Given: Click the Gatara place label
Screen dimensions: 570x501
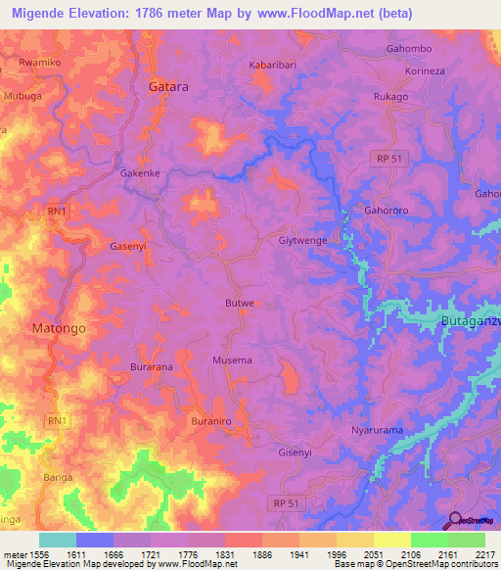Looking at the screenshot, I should pos(167,86).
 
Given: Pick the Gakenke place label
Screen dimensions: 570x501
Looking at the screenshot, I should pos(141,173).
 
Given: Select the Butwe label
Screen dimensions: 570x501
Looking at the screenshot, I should pos(240,304).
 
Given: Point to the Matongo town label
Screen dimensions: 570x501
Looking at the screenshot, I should pos(59,328).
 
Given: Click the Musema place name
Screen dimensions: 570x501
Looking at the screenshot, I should pos(232,360).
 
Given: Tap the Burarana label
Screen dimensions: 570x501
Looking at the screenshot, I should pos(152,366).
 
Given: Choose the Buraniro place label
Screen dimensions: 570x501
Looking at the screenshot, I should pos(212,420).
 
